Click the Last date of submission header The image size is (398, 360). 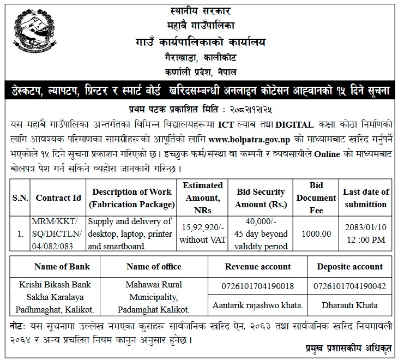[366, 198]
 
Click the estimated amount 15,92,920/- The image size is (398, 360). [203, 229]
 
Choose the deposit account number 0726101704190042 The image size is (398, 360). [350, 285]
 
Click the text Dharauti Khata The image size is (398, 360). [350, 305]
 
